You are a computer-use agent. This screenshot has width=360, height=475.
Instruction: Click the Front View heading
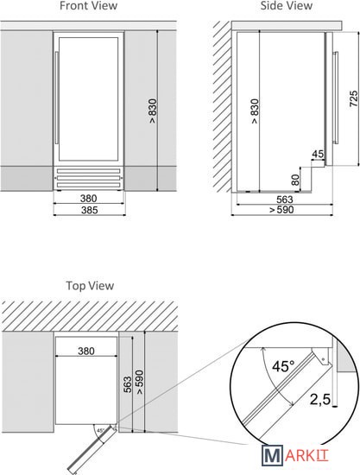click(x=88, y=5)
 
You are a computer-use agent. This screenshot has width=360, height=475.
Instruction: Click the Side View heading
click(x=287, y=5)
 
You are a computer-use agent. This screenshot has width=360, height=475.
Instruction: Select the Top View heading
click(x=90, y=286)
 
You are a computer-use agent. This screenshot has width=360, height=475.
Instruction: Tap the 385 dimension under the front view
click(x=89, y=210)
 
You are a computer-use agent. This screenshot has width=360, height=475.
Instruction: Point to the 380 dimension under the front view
click(x=89, y=199)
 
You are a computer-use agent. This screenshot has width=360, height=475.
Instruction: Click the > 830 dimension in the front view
click(x=153, y=111)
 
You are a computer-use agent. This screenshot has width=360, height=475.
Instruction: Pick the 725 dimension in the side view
click(x=354, y=98)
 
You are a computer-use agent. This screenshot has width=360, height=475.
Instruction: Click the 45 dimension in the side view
click(x=318, y=154)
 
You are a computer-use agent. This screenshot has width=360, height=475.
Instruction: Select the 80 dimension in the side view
click(x=295, y=180)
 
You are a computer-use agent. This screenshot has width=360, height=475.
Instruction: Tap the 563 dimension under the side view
click(x=285, y=199)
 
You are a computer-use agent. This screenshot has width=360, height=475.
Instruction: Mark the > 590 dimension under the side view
click(x=281, y=210)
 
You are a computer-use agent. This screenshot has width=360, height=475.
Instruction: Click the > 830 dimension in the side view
click(x=255, y=111)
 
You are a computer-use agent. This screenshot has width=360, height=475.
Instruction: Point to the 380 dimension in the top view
click(x=86, y=351)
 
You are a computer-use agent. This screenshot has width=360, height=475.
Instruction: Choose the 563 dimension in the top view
click(x=128, y=384)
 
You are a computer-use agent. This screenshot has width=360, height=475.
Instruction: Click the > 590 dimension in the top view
click(x=140, y=383)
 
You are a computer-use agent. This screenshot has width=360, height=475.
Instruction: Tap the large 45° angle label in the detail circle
click(x=283, y=366)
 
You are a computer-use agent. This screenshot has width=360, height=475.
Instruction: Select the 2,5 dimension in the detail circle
click(x=320, y=399)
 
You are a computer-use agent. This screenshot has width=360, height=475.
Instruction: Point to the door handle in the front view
click(x=56, y=98)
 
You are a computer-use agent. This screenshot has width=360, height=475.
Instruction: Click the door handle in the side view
click(x=335, y=98)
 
